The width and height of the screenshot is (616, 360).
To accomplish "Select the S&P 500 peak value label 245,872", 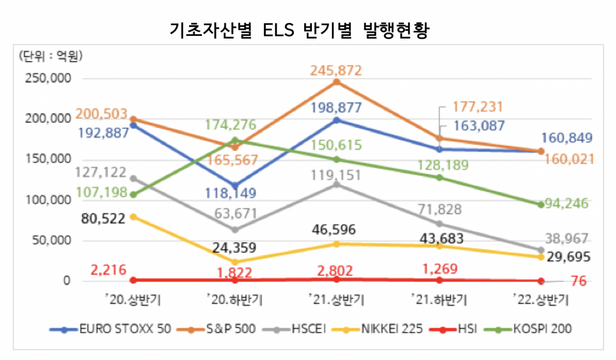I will click(336, 70).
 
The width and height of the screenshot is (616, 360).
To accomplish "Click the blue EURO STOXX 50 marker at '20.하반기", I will click(235, 186).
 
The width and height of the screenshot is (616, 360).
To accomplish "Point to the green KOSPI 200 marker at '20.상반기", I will click(133, 195).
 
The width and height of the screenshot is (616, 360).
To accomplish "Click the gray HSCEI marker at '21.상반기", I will click(337, 184).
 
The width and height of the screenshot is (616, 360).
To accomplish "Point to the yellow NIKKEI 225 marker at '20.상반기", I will click(133, 217).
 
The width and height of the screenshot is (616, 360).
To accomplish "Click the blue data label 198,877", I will click(336, 108).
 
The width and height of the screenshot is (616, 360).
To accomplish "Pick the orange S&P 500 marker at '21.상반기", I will click(337, 82).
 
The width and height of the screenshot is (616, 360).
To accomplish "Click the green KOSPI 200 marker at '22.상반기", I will click(540, 204).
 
